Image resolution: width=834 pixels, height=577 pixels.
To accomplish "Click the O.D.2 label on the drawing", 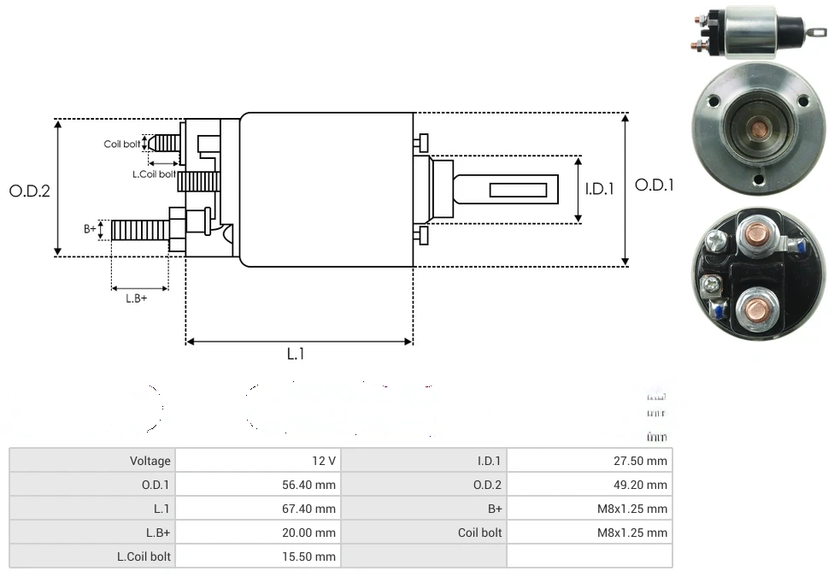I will (30, 191).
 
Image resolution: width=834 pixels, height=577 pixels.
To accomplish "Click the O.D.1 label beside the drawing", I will (655, 185).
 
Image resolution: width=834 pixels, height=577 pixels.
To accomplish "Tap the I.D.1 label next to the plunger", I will (600, 189).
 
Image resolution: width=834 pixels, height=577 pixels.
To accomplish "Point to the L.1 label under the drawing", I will (296, 354).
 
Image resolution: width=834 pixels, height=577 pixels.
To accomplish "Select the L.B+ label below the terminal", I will (137, 298).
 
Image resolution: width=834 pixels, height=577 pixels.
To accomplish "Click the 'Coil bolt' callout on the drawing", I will (121, 144).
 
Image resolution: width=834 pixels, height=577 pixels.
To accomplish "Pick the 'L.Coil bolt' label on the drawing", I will (154, 174).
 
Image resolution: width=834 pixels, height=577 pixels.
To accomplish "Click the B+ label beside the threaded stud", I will (90, 229).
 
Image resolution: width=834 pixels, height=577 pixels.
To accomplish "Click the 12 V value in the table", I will (324, 461).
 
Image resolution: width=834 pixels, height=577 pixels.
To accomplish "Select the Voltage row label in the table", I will (150, 461).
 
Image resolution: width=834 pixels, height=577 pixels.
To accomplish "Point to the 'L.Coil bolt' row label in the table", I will (144, 556).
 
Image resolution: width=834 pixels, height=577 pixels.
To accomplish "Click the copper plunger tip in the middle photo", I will (758, 130).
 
